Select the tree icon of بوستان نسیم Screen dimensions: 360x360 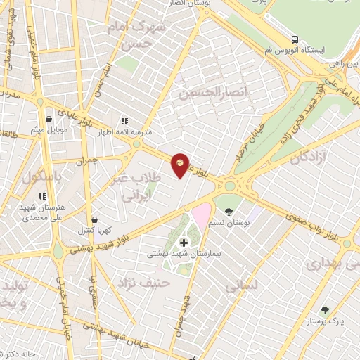(229, 211)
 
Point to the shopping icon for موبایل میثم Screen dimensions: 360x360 (48, 119)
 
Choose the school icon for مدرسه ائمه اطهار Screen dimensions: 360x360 (125, 120)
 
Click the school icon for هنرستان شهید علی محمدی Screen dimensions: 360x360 (42, 196)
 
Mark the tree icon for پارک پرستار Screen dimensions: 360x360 (324, 310)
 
